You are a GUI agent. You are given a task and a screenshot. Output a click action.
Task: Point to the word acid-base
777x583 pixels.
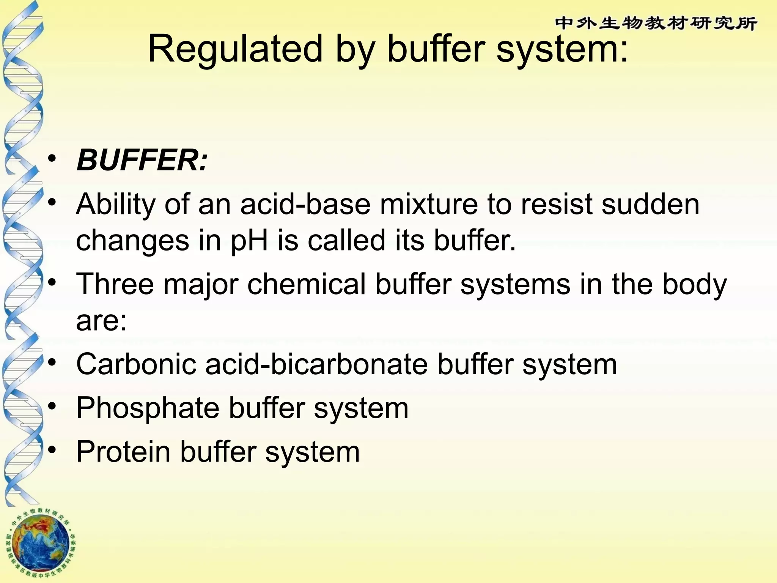(305, 204)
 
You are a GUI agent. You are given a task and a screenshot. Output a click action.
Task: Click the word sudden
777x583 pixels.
(650, 204)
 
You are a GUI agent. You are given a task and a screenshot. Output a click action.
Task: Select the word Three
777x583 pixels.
(115, 284)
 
